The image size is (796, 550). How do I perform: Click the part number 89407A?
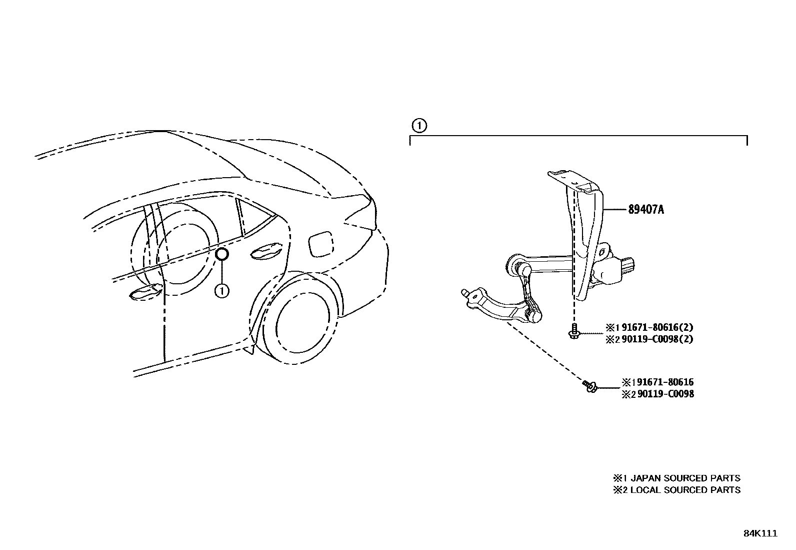coord(646,209)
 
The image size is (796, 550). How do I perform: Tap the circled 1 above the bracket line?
coord(419,125)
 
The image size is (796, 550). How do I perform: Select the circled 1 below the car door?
coord(222,290)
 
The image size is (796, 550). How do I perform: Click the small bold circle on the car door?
coord(222,255)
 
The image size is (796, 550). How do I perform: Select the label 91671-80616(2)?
coord(656,328)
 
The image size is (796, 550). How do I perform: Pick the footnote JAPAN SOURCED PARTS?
coord(684,478)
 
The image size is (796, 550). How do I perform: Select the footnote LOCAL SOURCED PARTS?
coord(684,490)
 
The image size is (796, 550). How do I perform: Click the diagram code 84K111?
coord(760,533)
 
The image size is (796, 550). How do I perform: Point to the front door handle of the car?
coord(144,293)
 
